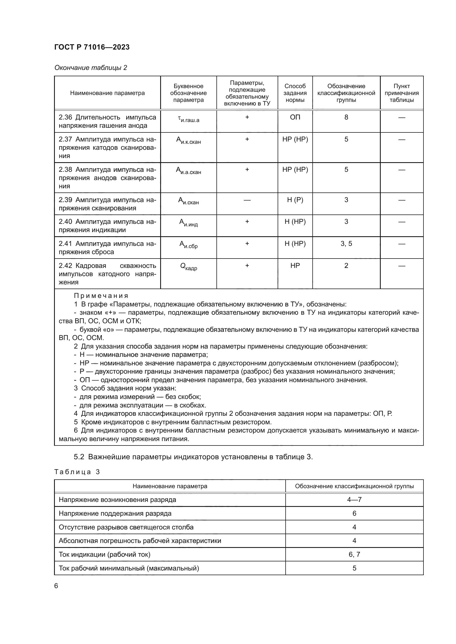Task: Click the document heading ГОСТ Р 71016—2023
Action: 92,47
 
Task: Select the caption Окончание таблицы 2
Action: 91,68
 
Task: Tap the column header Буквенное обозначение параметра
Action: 188,93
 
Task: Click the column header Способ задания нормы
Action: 295,93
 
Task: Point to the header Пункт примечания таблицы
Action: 401,93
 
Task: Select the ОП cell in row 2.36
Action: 295,117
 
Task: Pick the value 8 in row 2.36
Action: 346,117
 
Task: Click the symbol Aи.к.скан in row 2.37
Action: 188,140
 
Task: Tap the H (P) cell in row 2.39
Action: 295,200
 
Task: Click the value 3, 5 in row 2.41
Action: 346,244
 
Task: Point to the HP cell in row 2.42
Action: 295,266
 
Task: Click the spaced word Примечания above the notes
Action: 101,296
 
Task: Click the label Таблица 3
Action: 77,472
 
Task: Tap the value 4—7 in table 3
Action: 354,499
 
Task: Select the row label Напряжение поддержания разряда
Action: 115,513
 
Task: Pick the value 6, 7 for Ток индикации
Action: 354,554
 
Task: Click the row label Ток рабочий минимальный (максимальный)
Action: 129,568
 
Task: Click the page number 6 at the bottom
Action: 56,586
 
